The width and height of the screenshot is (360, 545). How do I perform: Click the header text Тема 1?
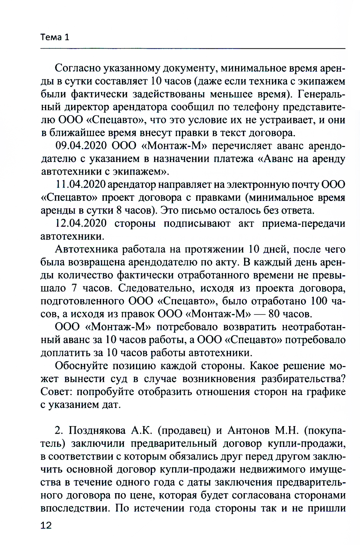tap(55, 37)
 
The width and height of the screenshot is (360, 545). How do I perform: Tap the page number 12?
tap(46, 525)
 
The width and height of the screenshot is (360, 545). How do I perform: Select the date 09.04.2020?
tap(81, 146)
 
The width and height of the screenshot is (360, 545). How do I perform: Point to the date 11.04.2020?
tap(81, 185)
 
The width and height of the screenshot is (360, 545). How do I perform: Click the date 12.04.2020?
tap(81, 224)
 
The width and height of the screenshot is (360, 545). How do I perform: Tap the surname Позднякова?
tap(97, 431)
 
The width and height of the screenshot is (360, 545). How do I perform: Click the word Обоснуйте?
tap(81, 366)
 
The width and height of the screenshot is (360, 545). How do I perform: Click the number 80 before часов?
tap(274, 314)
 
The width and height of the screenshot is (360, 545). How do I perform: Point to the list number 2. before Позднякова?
tap(59, 431)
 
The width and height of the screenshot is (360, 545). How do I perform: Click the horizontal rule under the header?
tap(193, 49)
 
